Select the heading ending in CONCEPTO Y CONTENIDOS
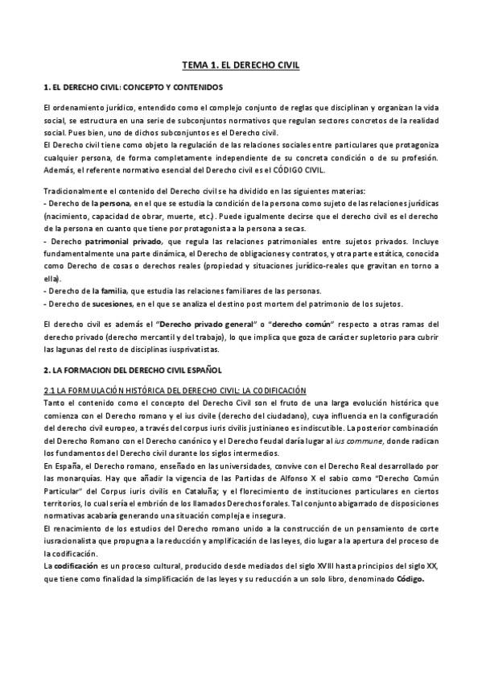pyautogui.click(x=133, y=86)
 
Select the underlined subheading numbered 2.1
pyautogui.click(x=175, y=390)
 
